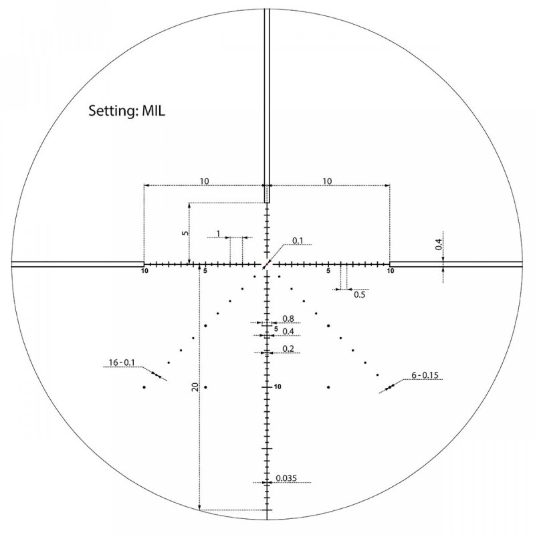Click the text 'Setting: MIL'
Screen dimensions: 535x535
click(126, 110)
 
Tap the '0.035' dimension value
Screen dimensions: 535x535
click(286, 478)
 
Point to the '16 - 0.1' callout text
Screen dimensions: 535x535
click(121, 362)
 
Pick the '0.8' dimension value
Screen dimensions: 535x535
click(288, 318)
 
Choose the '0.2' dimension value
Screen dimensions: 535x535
click(288, 348)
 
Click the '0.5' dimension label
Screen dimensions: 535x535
click(359, 294)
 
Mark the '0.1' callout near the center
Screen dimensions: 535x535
click(298, 241)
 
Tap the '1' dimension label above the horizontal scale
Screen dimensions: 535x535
click(218, 233)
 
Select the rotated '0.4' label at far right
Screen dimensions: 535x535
click(439, 245)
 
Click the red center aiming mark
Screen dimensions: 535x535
click(267, 264)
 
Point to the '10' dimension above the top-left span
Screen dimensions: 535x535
click(205, 181)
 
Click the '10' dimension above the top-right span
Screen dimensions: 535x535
click(328, 181)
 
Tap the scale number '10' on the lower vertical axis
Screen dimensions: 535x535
click(278, 387)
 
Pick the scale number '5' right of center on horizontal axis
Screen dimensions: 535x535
click(328, 272)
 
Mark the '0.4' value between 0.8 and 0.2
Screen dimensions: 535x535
click(288, 332)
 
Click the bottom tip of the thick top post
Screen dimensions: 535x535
click(267, 202)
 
